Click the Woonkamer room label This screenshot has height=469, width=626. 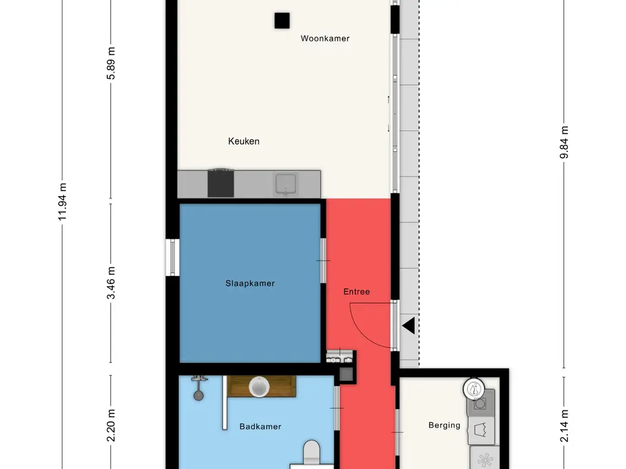tap(325, 38)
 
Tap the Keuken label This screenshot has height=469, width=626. tap(243, 141)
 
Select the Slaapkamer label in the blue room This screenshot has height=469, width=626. tap(250, 283)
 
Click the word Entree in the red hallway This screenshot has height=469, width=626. tap(356, 291)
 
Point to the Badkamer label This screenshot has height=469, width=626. tap(260, 427)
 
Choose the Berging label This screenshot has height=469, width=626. tap(444, 425)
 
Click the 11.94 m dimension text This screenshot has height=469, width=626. tap(62, 202)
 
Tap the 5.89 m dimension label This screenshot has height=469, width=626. tap(111, 64)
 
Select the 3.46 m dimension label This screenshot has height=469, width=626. tap(111, 283)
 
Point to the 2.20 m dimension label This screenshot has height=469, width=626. tap(111, 426)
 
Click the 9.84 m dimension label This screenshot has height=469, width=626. tap(564, 142)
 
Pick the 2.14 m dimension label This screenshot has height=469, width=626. tap(564, 426)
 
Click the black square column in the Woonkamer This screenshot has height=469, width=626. tap(282, 21)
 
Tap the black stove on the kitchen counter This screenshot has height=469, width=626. tap(220, 183)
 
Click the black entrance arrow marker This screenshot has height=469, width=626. tap(408, 325)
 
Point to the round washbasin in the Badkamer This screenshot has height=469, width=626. tap(259, 387)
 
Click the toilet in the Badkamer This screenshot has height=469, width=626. tap(311, 454)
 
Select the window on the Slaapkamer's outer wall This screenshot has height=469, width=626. tap(172, 257)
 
